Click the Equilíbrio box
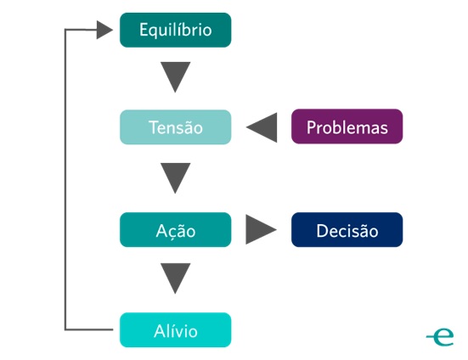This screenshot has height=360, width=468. pos(175,30)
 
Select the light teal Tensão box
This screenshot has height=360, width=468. pos(175,128)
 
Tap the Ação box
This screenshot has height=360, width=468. pos(175,230)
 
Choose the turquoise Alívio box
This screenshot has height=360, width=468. pos(175,329)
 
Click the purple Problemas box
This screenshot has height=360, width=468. pos(347,128)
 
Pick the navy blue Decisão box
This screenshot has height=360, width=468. pos(347,230)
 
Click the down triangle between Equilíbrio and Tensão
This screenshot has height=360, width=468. pos(176,77)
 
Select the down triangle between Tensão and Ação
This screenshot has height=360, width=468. pos(176,178)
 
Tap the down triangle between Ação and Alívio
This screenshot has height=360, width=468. pos(176,278)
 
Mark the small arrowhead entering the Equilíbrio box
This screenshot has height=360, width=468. pos(104,31)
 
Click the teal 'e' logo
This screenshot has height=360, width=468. pos(441,336)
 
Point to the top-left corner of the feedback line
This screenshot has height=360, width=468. pos(65,31)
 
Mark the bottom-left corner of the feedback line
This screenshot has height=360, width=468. pos(65,329)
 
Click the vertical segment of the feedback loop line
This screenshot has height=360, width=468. pos(65,178)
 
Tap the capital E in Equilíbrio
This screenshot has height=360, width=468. pos(143,30)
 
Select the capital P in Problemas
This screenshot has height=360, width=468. pos(311,128)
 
